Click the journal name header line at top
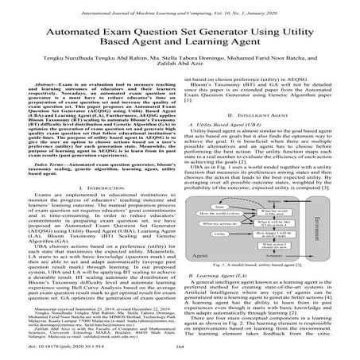(180, 7)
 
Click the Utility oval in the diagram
(219, 234)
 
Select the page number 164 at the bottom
(180, 347)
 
